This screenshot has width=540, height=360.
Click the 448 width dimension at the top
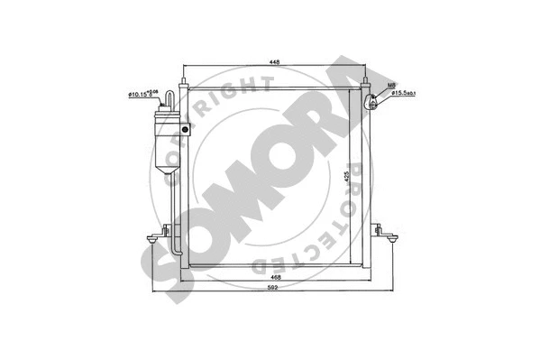(x=272, y=61)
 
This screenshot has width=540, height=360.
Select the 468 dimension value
(x=272, y=278)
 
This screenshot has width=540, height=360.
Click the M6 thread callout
(x=391, y=87)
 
